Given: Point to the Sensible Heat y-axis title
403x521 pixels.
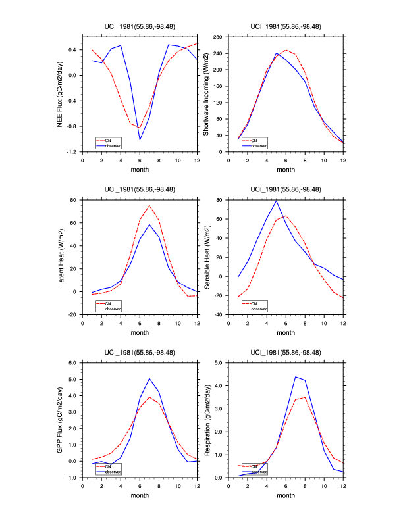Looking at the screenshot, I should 205,257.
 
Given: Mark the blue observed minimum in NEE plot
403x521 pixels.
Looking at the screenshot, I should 140,139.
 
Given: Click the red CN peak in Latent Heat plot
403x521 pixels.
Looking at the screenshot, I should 149,205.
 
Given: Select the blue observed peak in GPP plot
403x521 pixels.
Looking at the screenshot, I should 149,378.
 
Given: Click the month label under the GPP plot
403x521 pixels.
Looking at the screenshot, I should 140,496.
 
